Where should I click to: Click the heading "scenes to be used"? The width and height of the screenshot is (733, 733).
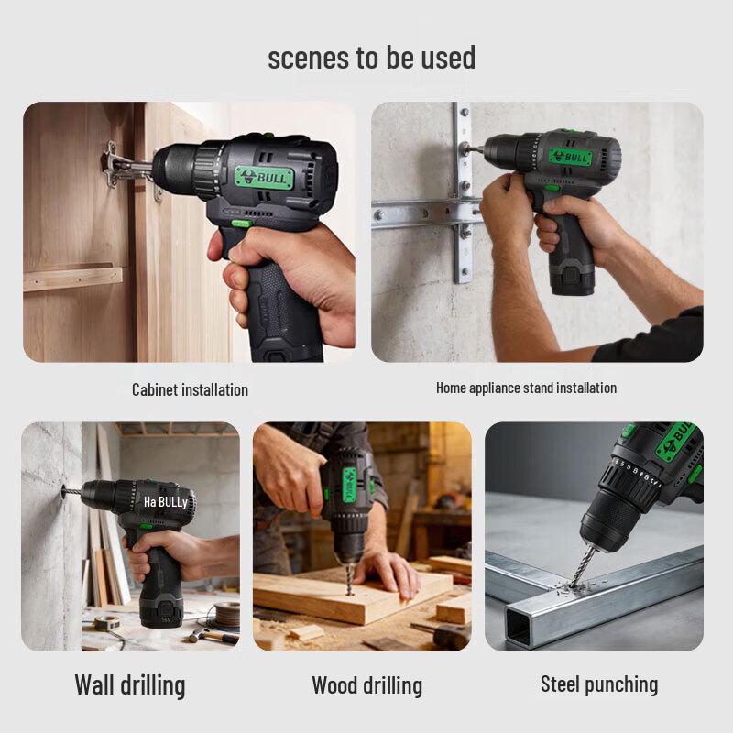(x=371, y=58)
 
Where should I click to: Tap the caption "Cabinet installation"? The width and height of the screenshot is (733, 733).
(x=190, y=389)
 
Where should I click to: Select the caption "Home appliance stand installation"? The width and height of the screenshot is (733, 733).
(x=526, y=388)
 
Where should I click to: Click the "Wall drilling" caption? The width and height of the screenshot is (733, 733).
(x=129, y=684)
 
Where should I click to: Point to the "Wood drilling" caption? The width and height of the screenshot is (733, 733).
(x=366, y=684)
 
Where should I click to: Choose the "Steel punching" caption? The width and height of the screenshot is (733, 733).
(x=598, y=684)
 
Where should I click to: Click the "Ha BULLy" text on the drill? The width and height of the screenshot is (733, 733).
(x=165, y=502)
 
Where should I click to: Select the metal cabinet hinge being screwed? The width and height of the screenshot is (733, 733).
(x=115, y=165)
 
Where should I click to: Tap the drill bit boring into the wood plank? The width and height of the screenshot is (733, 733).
(x=349, y=574)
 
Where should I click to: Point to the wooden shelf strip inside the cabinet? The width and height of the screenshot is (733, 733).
(x=72, y=277)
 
